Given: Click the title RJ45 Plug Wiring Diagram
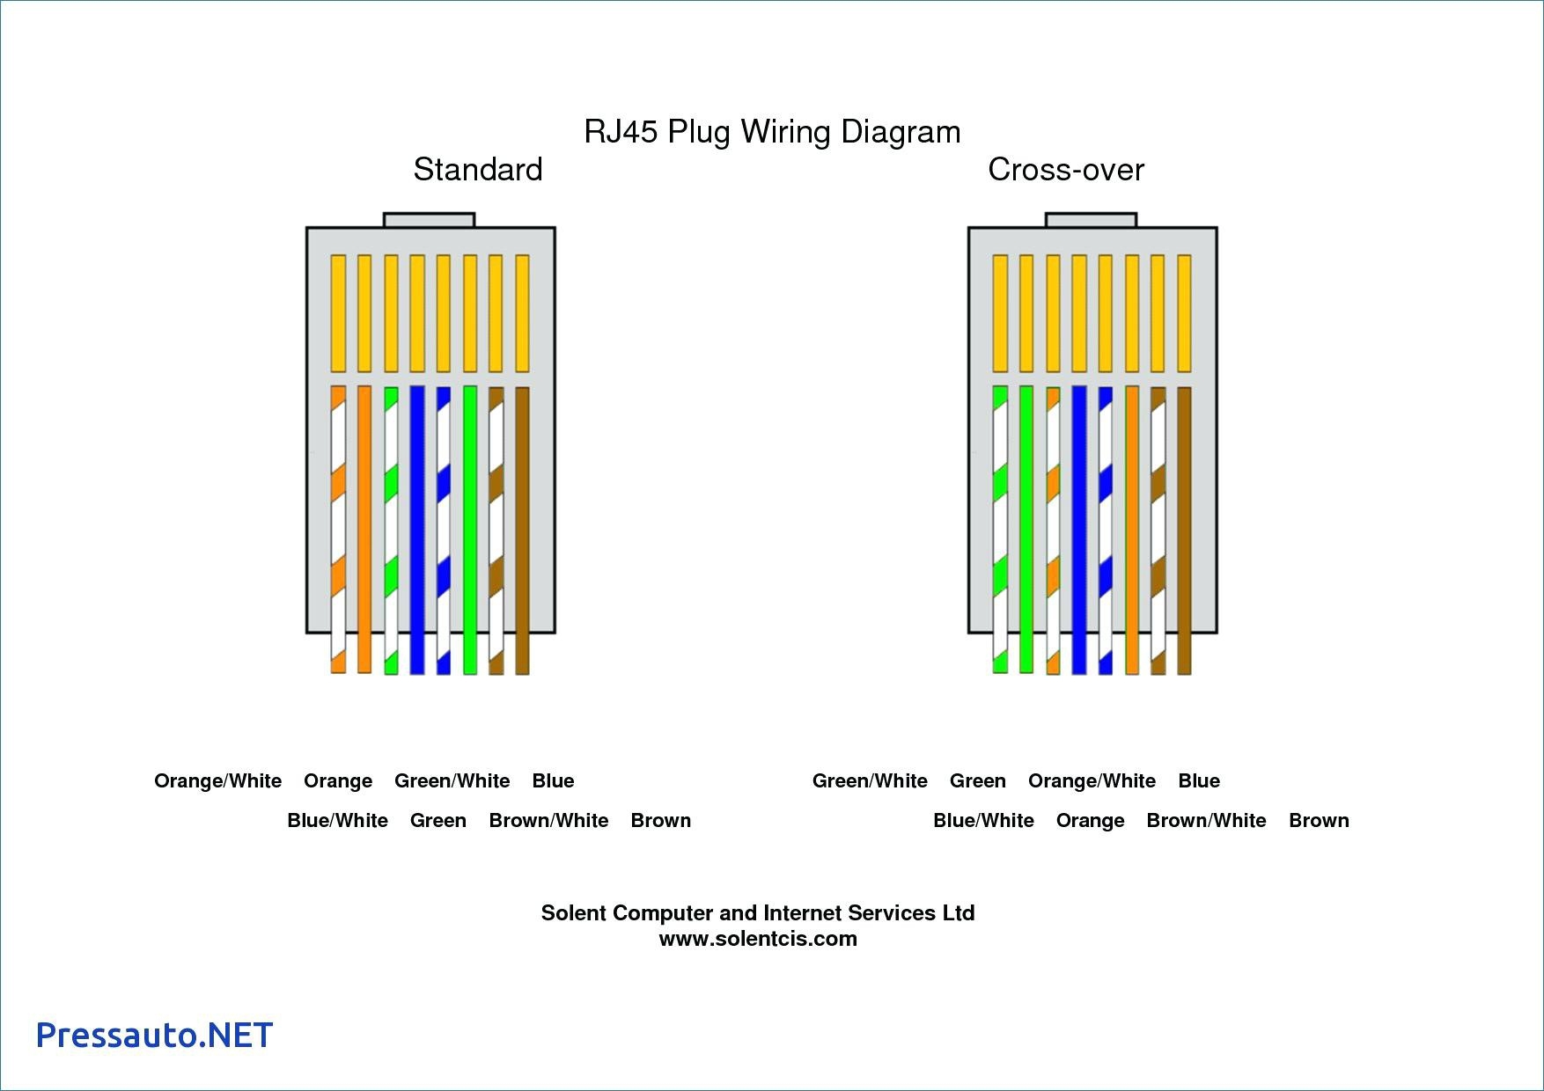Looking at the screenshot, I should coord(772,132).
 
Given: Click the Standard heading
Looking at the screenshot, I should coord(477,169).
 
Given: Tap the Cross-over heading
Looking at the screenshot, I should coord(1065,169).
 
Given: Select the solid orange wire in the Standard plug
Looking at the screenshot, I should coord(364,528).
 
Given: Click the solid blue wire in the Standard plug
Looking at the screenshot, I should coord(417,528).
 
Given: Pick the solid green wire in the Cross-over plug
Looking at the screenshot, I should coord(1026,528).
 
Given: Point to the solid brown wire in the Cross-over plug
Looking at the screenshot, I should coord(1184,528).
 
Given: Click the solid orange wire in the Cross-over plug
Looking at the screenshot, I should coord(1132,528).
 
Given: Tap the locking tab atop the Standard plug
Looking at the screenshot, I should coord(429,220).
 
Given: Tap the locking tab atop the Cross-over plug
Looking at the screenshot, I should coord(1091,220).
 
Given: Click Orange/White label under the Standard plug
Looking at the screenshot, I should coord(217,781).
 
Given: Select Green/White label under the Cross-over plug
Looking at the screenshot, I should coord(870,781).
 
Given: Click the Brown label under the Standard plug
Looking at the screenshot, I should coord(660,821).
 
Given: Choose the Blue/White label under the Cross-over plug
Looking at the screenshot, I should coord(983,821).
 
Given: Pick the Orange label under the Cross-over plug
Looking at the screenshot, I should coord(1090,821).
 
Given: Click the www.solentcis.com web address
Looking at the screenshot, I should coord(757,939).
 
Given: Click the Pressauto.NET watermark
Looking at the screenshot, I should coord(154,1035).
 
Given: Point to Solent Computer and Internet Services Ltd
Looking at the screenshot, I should coord(757,913).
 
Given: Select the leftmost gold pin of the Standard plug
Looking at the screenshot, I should coord(338,312).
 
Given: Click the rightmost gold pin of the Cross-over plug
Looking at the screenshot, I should coord(1184,312).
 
